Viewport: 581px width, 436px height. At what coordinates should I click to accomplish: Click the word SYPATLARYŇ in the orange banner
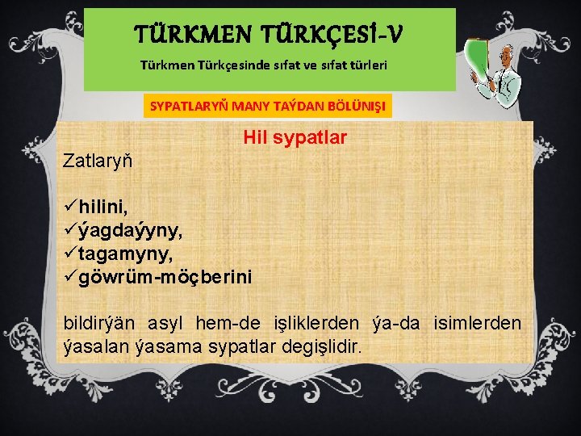[190, 106]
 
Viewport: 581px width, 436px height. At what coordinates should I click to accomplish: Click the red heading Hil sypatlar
[295, 138]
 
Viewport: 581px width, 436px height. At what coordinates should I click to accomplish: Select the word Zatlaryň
[98, 159]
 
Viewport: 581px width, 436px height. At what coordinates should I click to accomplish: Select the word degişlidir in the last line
[320, 346]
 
